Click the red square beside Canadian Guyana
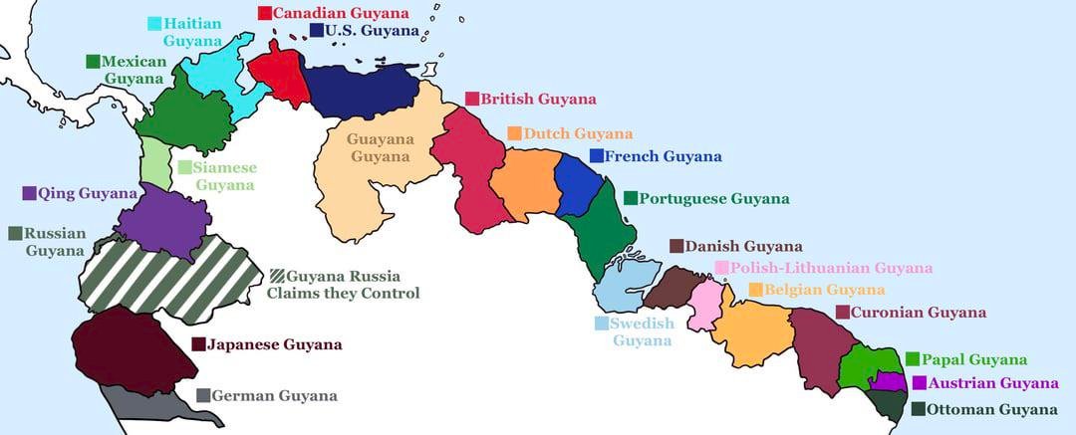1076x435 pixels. click(x=265, y=13)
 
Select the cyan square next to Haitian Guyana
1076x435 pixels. click(x=155, y=24)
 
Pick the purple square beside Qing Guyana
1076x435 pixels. click(x=29, y=193)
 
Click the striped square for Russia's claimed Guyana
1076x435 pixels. click(x=276, y=276)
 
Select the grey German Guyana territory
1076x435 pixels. click(x=149, y=404)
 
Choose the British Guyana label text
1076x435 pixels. click(x=538, y=99)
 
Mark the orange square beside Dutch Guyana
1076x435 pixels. click(x=514, y=133)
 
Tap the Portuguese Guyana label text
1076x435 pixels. click(x=713, y=198)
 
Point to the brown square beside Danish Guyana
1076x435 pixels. click(x=676, y=246)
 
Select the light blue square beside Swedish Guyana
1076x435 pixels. click(x=602, y=324)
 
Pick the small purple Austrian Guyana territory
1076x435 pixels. click(x=887, y=381)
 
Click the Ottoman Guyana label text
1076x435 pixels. click(x=991, y=409)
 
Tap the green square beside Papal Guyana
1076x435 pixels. click(x=913, y=359)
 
